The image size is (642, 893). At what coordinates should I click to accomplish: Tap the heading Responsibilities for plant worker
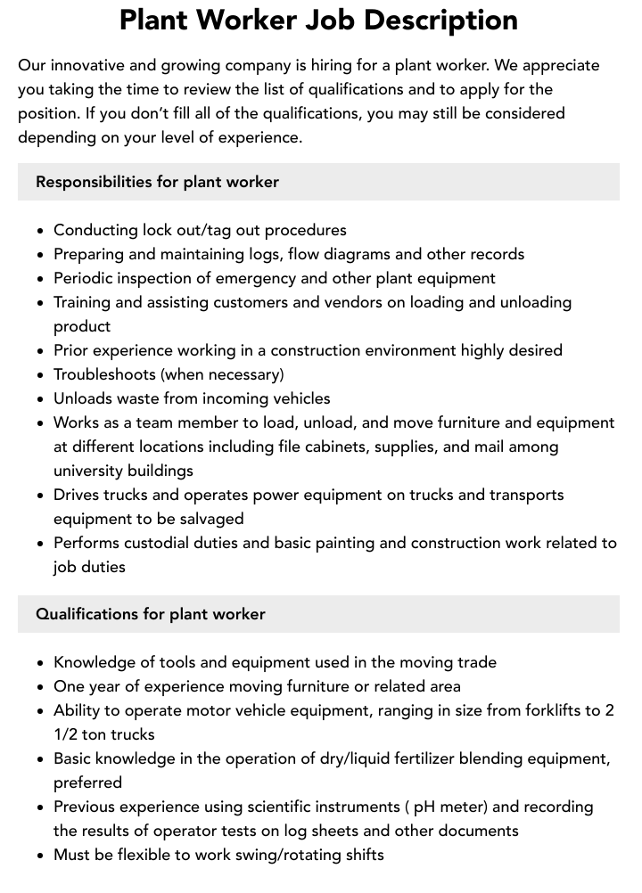tap(157, 182)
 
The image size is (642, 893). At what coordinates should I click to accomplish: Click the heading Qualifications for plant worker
tap(150, 614)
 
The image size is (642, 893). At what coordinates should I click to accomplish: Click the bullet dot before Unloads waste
tap(40, 399)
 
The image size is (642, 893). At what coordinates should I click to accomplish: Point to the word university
tap(88, 471)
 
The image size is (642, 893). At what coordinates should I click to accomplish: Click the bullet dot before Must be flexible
tap(40, 856)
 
